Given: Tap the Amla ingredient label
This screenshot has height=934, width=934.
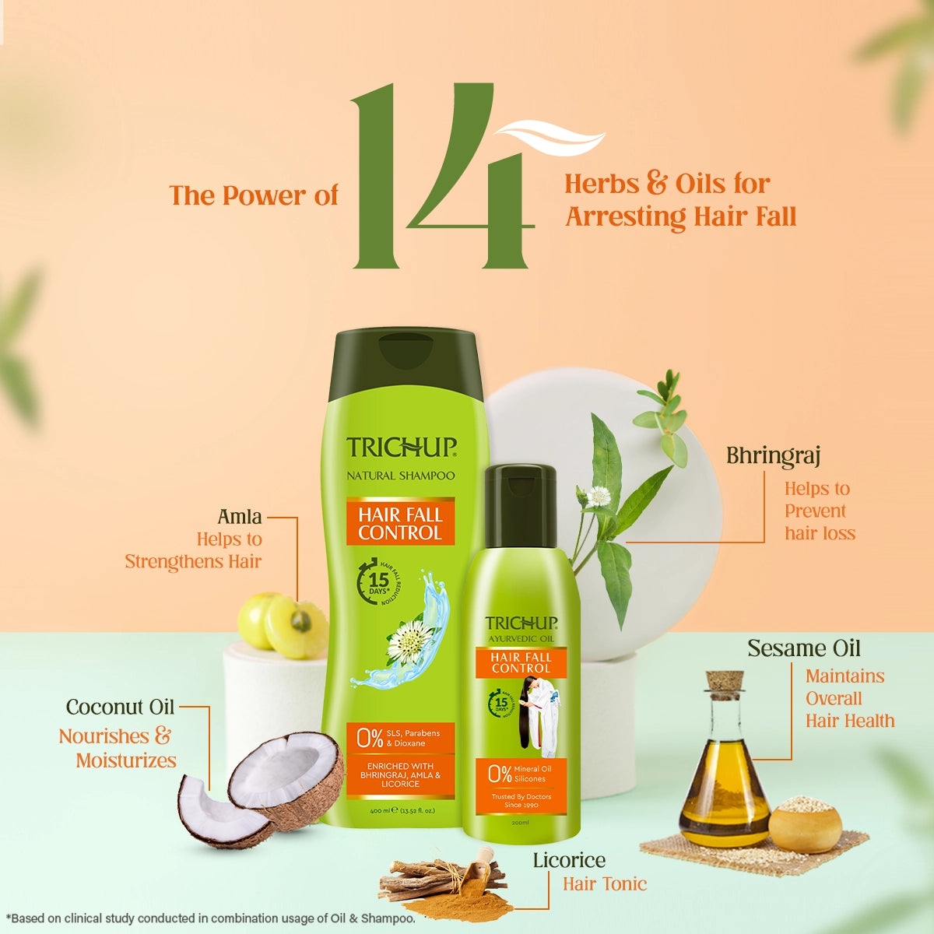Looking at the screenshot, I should [x=240, y=517].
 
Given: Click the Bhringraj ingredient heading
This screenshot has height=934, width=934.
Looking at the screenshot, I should [x=773, y=456].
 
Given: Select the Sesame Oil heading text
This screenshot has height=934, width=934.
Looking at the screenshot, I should [x=804, y=648].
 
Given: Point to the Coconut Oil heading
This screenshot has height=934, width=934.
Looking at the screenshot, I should [x=120, y=708].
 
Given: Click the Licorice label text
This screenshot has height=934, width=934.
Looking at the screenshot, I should [x=569, y=860].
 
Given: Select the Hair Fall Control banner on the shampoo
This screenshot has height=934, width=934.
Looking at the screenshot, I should [x=400, y=524].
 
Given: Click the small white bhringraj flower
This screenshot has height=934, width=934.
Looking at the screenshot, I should [x=597, y=496].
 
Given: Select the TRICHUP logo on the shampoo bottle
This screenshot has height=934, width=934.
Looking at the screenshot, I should [x=401, y=448].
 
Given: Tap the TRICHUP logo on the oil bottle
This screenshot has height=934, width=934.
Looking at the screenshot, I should [x=521, y=623].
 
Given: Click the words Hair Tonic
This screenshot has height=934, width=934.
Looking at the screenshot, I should [x=605, y=884].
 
